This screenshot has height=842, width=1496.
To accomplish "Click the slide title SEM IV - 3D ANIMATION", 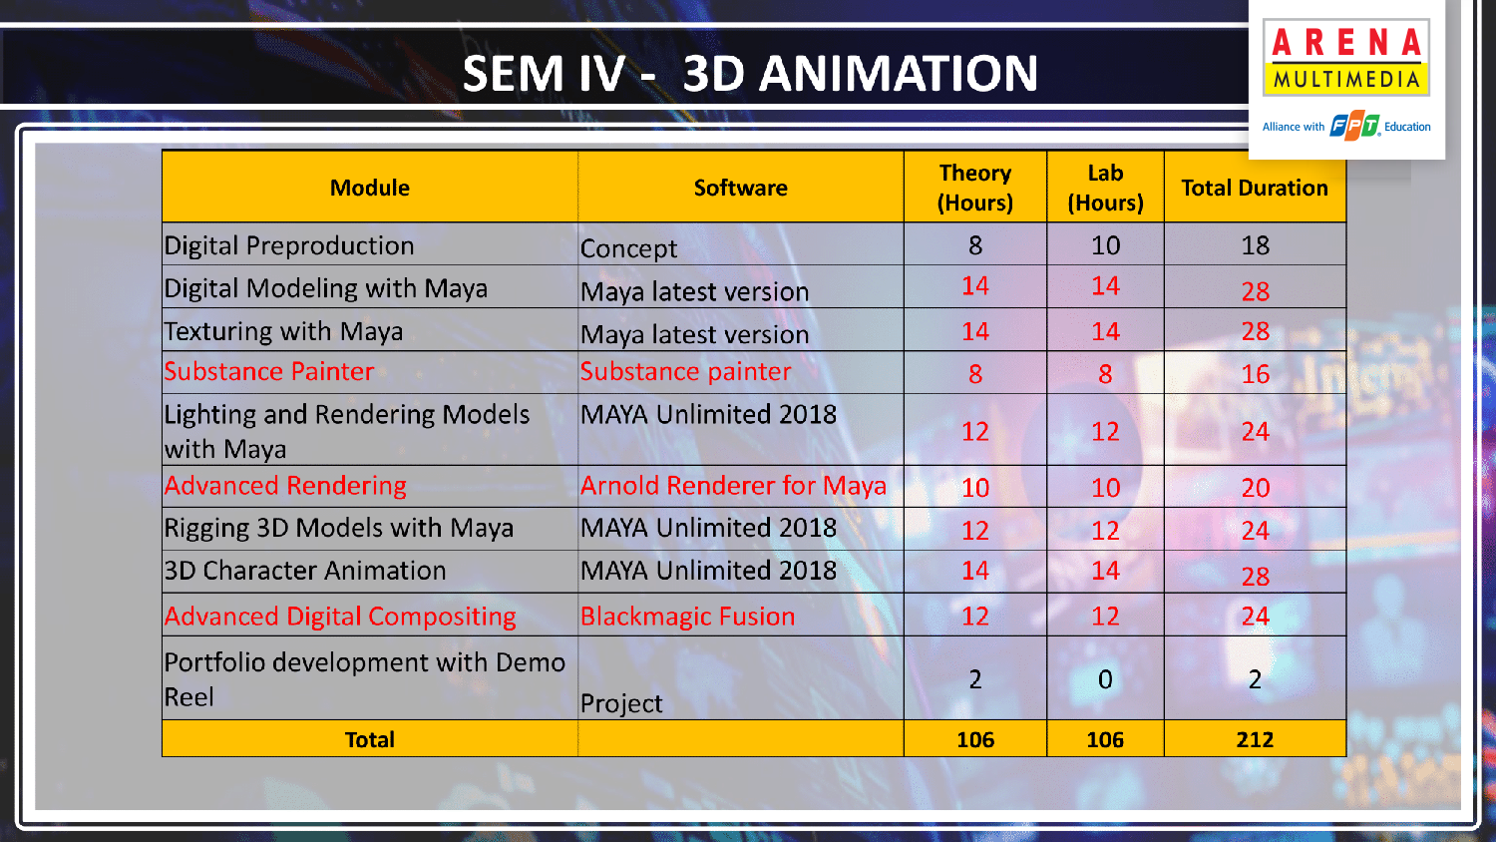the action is (x=750, y=73).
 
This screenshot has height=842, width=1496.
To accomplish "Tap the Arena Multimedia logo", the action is (x=1345, y=58).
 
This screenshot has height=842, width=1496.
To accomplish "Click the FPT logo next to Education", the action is (x=1354, y=127).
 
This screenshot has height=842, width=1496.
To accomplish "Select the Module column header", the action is (x=369, y=188).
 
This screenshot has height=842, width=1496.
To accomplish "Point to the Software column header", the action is (x=740, y=188).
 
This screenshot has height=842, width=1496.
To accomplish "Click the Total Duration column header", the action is (x=1255, y=188).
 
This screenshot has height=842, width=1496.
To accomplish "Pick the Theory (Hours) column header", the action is (x=975, y=188).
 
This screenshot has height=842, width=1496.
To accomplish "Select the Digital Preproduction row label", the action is (x=288, y=246).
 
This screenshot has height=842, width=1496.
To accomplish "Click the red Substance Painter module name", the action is (x=268, y=371).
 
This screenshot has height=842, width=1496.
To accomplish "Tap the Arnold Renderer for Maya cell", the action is (x=733, y=485).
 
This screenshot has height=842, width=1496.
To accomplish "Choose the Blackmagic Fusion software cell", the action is (x=687, y=617).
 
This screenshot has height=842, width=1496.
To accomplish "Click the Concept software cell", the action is (x=628, y=248).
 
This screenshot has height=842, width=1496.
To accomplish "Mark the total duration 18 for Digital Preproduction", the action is (x=1255, y=245).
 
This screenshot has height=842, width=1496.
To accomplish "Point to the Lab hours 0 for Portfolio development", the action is (x=1105, y=679).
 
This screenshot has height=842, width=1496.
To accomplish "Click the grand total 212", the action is (x=1255, y=740).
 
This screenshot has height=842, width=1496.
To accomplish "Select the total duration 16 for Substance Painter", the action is (x=1255, y=374).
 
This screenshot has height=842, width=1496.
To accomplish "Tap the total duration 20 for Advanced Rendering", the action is (x=1255, y=488).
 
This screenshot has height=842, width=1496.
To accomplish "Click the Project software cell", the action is (x=621, y=703).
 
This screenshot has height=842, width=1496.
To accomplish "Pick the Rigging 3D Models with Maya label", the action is (x=339, y=528).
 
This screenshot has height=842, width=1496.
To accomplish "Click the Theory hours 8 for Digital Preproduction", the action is (x=975, y=245).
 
